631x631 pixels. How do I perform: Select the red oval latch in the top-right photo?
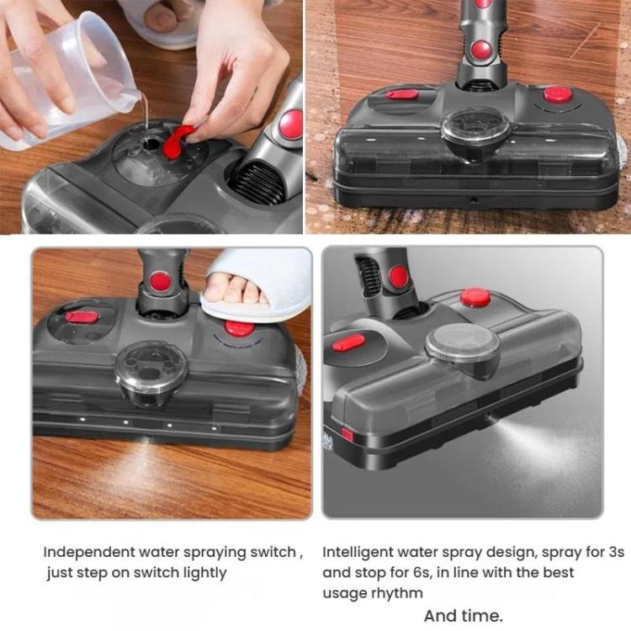403,94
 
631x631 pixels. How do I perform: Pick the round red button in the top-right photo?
557,94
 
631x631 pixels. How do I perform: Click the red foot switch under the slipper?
241,327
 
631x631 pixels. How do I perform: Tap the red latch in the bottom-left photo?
82,316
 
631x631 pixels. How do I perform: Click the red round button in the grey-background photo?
475,296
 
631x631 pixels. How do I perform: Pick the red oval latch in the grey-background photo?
348,342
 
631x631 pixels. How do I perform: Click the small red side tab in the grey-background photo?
347,435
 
